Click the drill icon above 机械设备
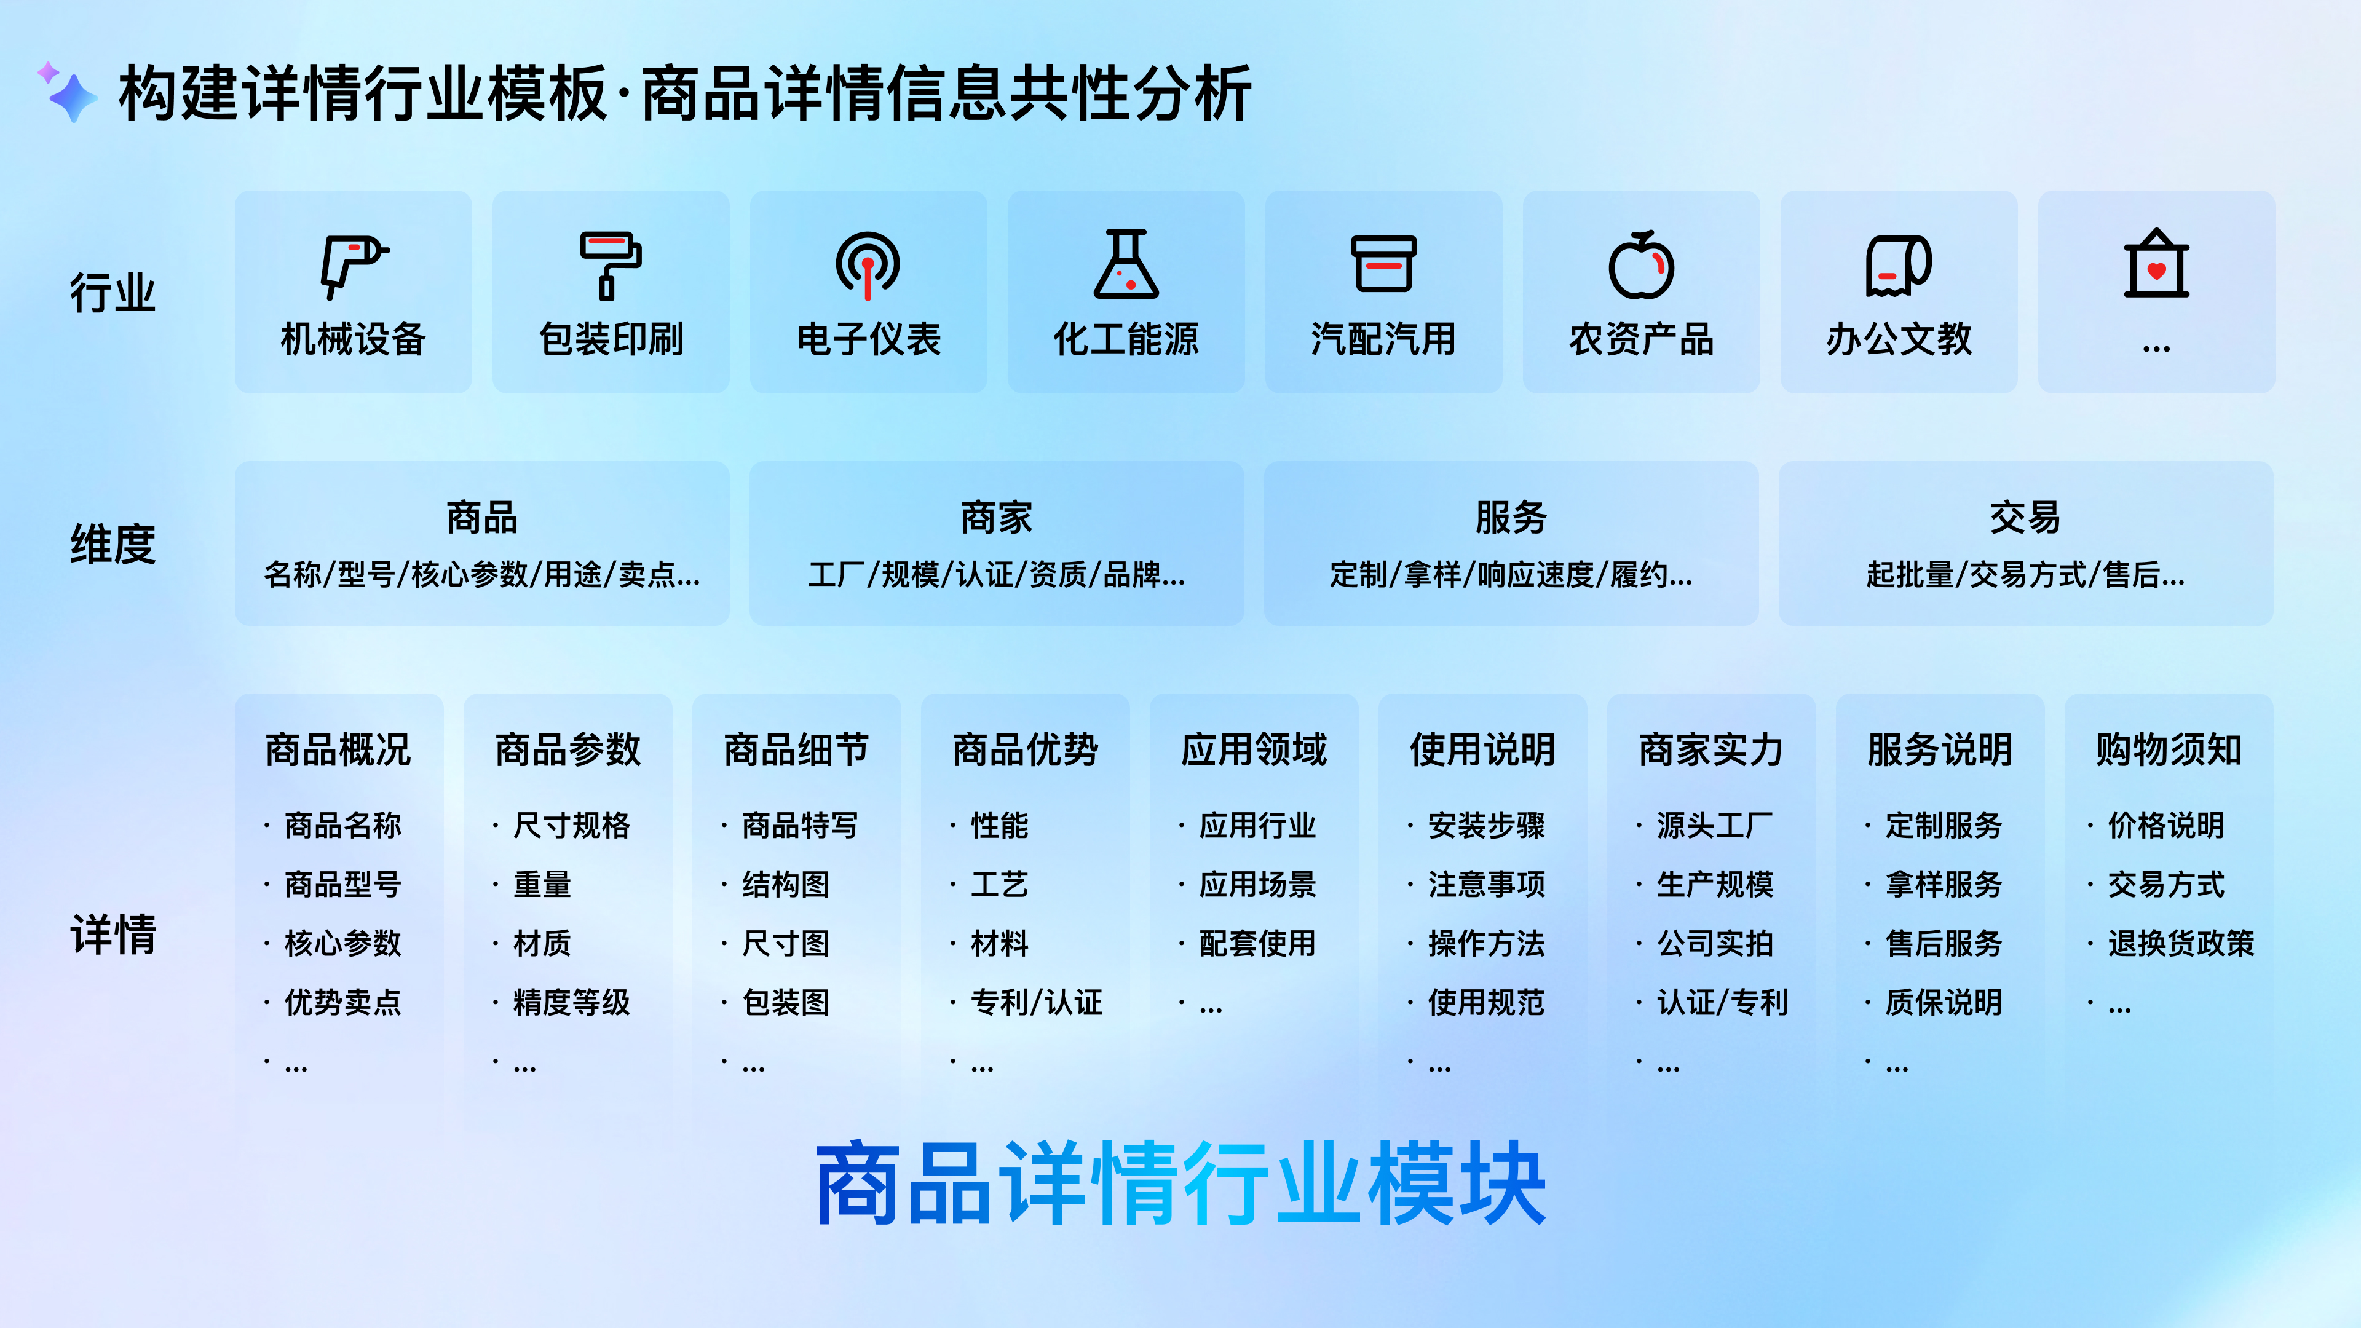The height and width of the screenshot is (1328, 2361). click(353, 265)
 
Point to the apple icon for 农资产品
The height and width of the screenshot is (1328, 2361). click(1640, 265)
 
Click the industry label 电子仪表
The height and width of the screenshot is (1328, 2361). click(868, 339)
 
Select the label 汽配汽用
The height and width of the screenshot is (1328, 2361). click(1383, 339)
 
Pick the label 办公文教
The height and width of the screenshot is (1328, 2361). click(1898, 339)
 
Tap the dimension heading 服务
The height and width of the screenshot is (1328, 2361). click(1511, 518)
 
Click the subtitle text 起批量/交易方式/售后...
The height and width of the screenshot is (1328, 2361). click(2025, 575)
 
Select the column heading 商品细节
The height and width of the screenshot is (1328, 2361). click(796, 749)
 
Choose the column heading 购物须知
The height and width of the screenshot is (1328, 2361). click(2167, 749)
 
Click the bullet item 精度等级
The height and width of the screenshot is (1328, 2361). click(571, 1003)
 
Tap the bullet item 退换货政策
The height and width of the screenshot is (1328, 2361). click(2180, 943)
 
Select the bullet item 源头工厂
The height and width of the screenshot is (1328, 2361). click(1714, 826)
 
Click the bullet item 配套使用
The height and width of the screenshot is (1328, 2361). click(1257, 943)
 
